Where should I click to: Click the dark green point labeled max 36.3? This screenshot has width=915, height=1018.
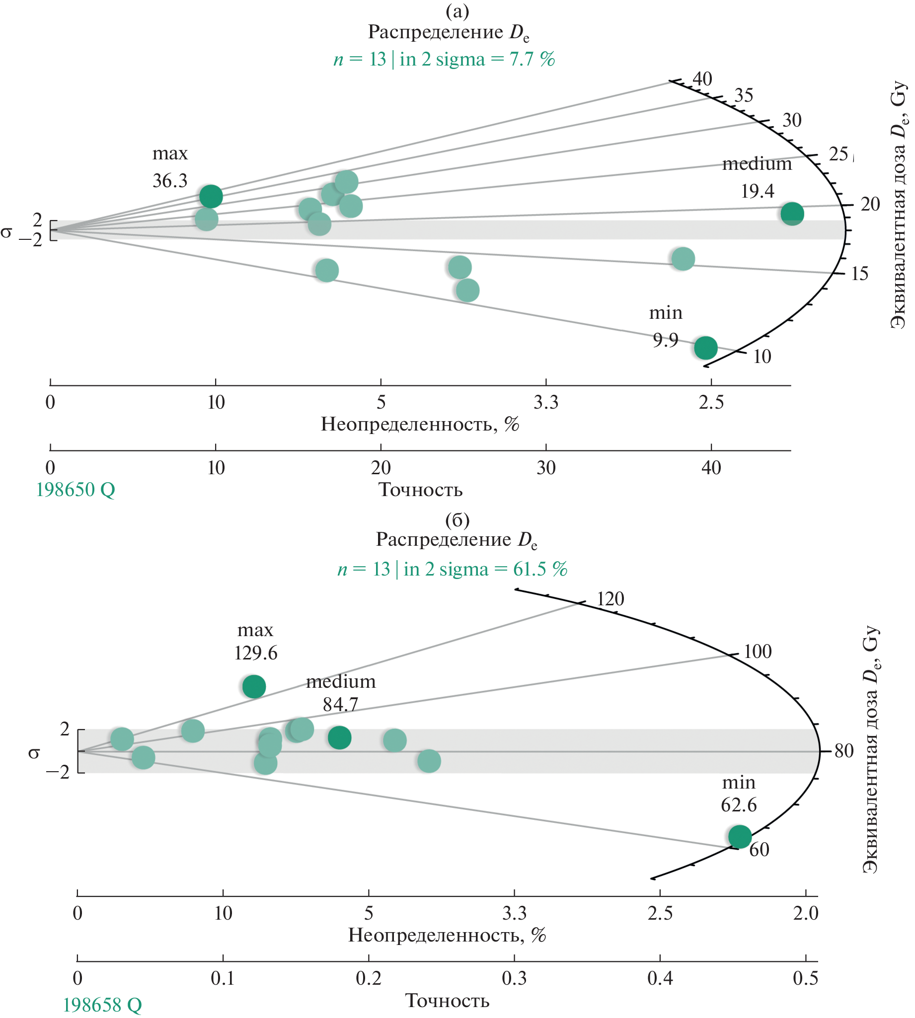211,196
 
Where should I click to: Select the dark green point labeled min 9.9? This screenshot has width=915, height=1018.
706,347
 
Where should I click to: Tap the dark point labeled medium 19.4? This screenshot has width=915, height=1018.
792,214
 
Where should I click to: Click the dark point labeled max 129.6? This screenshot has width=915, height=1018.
254,686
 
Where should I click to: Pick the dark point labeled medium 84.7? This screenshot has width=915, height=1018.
339,737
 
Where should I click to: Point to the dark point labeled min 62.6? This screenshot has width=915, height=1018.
740,837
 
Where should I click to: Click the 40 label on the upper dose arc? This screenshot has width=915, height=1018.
702,79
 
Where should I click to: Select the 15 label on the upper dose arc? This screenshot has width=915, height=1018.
860,274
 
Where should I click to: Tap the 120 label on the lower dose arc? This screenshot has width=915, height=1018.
610,599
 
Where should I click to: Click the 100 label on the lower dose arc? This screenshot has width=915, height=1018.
757,652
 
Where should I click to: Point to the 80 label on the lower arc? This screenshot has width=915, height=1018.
844,751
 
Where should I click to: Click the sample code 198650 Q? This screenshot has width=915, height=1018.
76,490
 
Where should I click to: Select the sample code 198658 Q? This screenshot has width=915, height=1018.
102,1005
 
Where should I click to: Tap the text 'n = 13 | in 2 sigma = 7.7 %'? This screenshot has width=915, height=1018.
444,59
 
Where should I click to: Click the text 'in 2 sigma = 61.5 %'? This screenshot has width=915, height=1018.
485,569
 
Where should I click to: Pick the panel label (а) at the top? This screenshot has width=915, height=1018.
457,10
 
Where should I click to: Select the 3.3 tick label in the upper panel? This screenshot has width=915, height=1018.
546,402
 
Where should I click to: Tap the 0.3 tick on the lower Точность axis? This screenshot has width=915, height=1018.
514,978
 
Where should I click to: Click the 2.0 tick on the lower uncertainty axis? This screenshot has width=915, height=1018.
805,913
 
